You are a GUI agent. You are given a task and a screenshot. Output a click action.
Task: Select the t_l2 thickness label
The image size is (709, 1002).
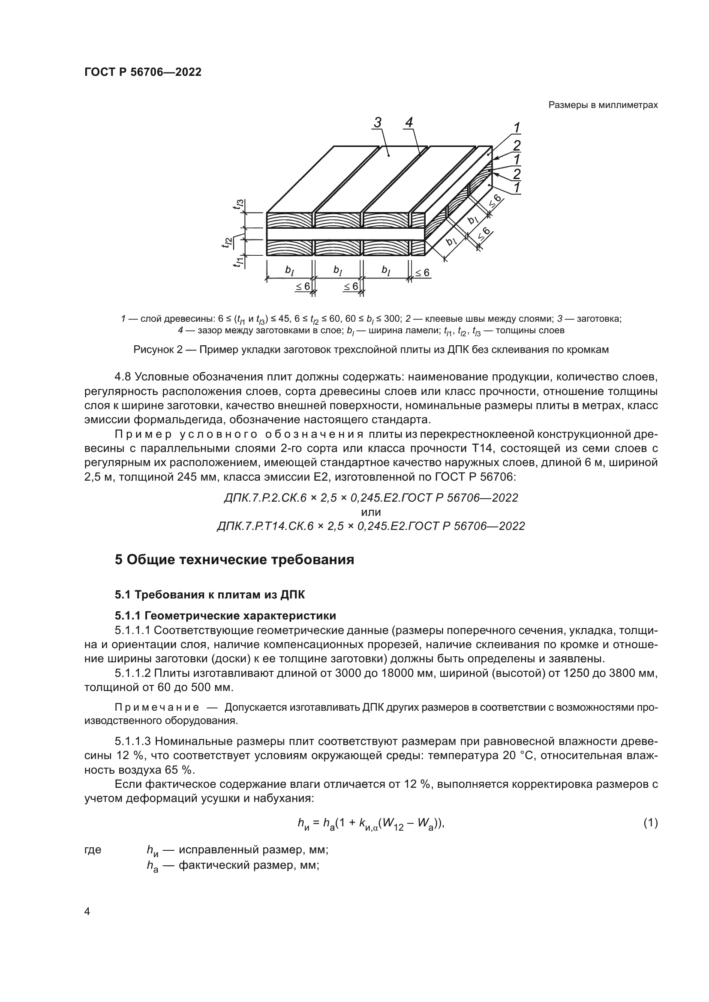[x=226, y=242]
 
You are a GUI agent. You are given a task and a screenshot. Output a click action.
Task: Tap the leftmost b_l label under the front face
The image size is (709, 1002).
[x=289, y=271]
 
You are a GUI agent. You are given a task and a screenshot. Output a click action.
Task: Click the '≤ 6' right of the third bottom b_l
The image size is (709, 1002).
[x=422, y=273]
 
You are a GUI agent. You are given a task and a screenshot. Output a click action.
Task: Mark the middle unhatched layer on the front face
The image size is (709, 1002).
[x=345, y=234]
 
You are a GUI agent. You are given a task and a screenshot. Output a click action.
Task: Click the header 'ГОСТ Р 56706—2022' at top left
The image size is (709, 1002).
[x=143, y=72]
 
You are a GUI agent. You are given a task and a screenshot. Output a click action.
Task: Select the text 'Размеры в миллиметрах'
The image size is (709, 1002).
[x=603, y=105]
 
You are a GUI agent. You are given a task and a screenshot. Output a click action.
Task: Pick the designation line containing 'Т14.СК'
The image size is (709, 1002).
[x=371, y=526]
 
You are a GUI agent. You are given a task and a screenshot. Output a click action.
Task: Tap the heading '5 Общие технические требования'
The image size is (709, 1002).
[x=234, y=560]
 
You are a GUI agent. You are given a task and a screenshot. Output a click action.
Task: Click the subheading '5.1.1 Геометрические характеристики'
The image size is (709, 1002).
[x=225, y=616]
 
